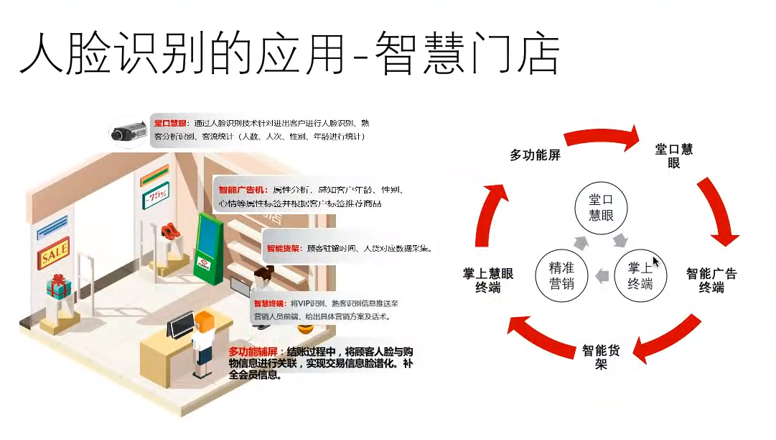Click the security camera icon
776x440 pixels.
(129, 133)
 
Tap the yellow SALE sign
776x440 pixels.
(54, 252)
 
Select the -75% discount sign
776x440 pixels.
(155, 195)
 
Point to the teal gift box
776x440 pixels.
(59, 287)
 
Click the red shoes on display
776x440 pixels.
(169, 230)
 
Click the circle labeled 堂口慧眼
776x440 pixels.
(601, 207)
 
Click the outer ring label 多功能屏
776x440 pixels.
(535, 155)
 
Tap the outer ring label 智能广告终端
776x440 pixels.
(711, 280)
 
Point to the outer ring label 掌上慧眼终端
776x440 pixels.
(488, 280)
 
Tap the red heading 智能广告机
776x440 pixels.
(242, 191)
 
